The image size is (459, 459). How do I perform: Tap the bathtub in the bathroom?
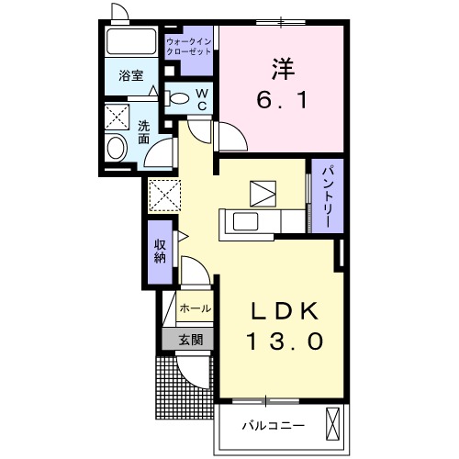point(132,42)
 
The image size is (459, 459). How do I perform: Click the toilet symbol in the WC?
point(180,99)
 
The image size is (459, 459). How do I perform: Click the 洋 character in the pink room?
point(282,67)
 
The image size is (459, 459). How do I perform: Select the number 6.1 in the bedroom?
point(282,98)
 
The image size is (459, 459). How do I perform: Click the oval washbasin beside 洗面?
point(118,147)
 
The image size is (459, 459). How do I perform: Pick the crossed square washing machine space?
point(118,117)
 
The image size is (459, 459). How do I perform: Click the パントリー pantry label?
point(326,196)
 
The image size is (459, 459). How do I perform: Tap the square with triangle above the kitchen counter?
point(263,193)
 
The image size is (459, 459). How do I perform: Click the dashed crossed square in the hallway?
point(162,194)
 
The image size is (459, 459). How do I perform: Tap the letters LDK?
point(284,311)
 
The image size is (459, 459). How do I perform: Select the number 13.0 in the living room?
point(284,342)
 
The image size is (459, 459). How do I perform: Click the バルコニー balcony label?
point(273,425)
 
